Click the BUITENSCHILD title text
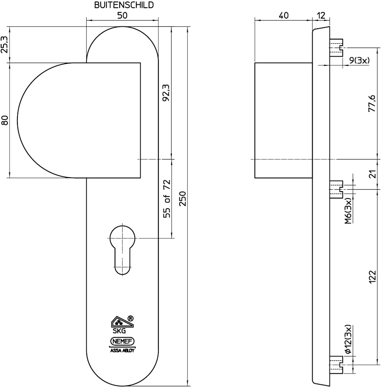[x=124, y=5]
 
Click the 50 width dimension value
[x=122, y=15]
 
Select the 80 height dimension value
[x=5, y=120]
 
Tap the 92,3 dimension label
[x=166, y=93]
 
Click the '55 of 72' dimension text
[x=167, y=199]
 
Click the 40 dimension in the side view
[x=283, y=15]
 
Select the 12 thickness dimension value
[x=321, y=15]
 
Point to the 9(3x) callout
[x=359, y=60]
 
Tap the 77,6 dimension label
[x=372, y=103]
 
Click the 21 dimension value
[x=373, y=174]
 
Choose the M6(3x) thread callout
[x=348, y=211]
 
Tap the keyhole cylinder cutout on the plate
[x=122, y=249]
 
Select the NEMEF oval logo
[x=122, y=342]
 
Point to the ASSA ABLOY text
[x=122, y=350]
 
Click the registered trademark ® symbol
[x=130, y=318]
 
